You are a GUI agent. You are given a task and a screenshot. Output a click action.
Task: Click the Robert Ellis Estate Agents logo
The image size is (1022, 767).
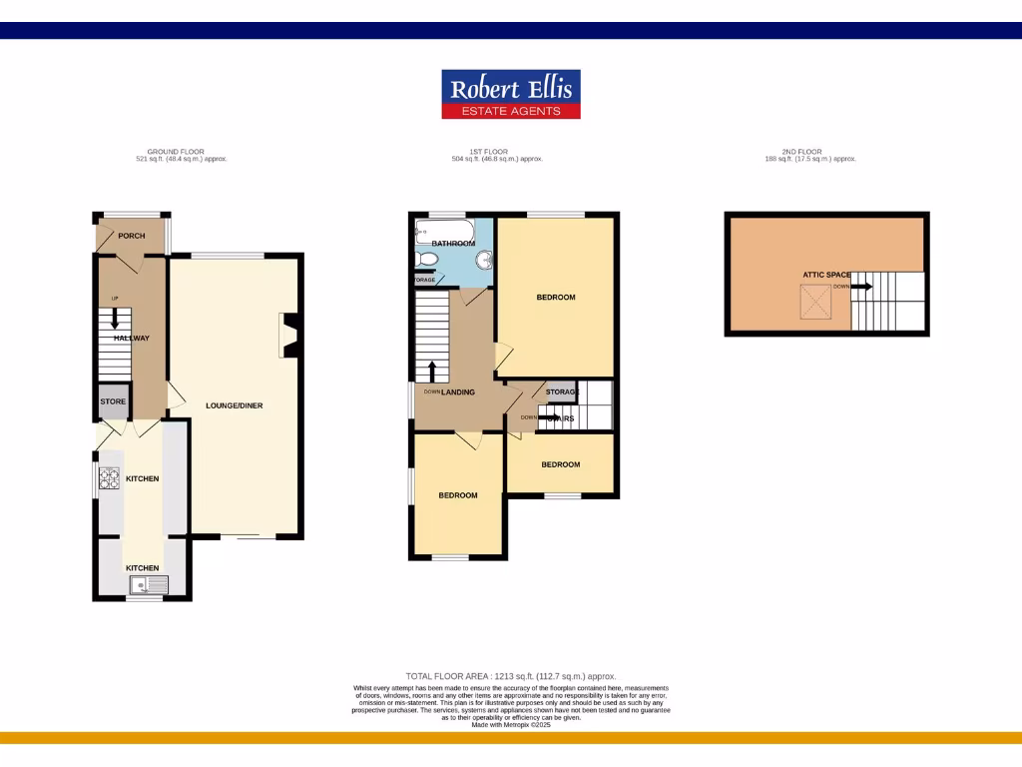pyautogui.click(x=511, y=95)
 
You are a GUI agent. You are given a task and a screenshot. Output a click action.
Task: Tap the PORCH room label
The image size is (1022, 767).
pyautogui.click(x=132, y=236)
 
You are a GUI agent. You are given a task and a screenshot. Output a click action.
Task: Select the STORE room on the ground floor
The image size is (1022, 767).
pyautogui.click(x=113, y=401)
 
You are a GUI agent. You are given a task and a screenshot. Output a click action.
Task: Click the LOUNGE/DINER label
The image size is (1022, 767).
pyautogui.click(x=235, y=406)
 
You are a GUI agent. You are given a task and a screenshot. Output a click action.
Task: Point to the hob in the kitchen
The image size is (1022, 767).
pyautogui.click(x=108, y=481)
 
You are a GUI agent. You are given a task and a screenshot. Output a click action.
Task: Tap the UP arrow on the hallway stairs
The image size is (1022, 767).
pyautogui.click(x=114, y=319)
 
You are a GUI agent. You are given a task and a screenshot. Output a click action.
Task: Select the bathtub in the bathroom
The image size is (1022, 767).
pyautogui.click(x=445, y=233)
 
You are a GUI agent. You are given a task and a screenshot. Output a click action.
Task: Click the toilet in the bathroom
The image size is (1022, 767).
pyautogui.click(x=427, y=260)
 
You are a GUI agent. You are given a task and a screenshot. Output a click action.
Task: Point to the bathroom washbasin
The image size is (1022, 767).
pyautogui.click(x=484, y=261)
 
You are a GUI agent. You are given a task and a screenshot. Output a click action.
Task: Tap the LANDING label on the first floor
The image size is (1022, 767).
pyautogui.click(x=458, y=392)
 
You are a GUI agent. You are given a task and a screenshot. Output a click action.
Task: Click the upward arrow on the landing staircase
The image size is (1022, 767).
pyautogui.click(x=431, y=372)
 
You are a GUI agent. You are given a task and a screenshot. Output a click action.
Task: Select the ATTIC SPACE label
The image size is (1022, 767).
pyautogui.click(x=826, y=275)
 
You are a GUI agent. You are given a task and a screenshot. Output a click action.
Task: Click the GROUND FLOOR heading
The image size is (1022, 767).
pyautogui.click(x=176, y=152)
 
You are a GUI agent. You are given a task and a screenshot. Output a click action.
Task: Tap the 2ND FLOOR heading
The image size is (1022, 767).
pyautogui.click(x=801, y=152)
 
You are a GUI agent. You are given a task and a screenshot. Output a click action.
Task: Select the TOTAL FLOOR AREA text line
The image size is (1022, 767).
pyautogui.click(x=518, y=676)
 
